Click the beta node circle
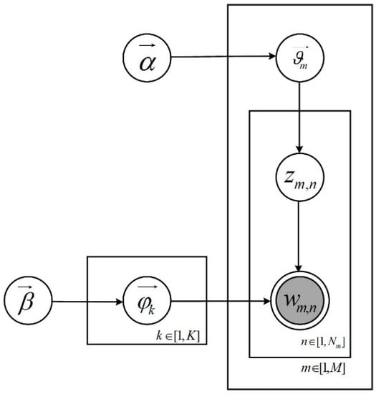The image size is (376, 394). (27, 302)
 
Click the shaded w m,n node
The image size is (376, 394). (299, 302)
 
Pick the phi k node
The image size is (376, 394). (145, 302)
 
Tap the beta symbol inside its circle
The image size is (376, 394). (27, 305)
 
